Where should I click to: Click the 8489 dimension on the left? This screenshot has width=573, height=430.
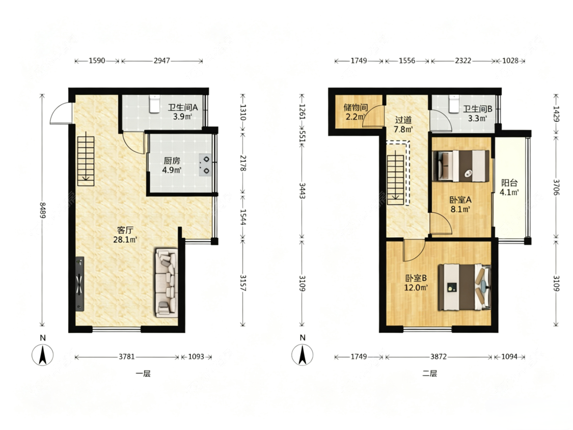[x=42, y=210]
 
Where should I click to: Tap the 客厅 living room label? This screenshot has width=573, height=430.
[x=125, y=230]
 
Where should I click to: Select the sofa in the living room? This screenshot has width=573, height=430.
[x=167, y=283]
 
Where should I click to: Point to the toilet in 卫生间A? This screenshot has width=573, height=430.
[x=154, y=104]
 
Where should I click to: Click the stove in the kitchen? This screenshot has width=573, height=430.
[x=206, y=165]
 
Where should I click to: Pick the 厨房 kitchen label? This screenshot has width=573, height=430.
[x=172, y=161]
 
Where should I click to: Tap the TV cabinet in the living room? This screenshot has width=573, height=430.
[x=79, y=284]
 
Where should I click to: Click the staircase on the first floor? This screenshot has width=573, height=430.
[x=86, y=161]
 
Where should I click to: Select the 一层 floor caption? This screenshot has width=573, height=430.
[x=143, y=373]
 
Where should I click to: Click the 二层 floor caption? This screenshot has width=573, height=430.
[x=430, y=373]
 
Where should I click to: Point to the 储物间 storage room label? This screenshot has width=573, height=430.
[x=356, y=107]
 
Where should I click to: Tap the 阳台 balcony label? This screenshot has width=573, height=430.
[x=509, y=183]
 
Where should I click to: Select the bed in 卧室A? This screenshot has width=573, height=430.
[x=461, y=166]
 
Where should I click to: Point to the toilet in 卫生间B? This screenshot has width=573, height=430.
[x=454, y=104]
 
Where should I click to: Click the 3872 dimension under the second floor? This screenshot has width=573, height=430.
[x=439, y=357]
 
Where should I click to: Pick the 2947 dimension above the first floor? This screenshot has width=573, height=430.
[x=161, y=61]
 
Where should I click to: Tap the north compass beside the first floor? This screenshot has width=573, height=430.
[x=43, y=355]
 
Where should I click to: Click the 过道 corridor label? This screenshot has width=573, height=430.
[x=403, y=120]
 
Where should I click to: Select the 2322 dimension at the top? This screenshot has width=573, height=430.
[x=463, y=61]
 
